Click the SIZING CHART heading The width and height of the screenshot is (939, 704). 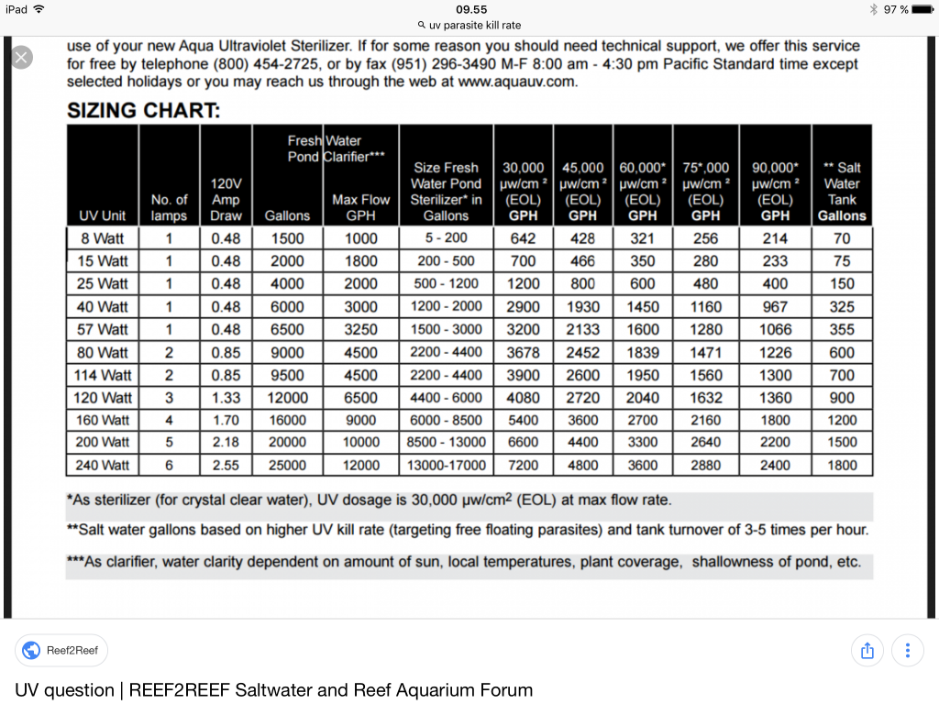point(143,112)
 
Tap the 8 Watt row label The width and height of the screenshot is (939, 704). point(104,238)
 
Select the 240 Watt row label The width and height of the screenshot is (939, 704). point(103,466)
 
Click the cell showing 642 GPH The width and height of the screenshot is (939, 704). point(523,238)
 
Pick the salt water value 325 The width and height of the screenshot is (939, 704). point(842,307)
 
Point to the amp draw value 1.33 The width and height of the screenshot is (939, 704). point(226,398)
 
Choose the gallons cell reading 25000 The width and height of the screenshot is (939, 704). point(287,466)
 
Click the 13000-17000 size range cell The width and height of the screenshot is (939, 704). point(447,466)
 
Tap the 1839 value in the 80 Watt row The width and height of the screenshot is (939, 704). point(643,352)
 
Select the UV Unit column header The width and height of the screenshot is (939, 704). point(103,216)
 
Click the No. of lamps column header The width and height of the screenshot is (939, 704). point(169,207)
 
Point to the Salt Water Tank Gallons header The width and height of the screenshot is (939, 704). point(842,192)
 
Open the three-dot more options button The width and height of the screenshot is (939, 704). point(907,651)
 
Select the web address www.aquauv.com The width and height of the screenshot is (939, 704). point(519,82)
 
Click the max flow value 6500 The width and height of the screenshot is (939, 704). point(361,398)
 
